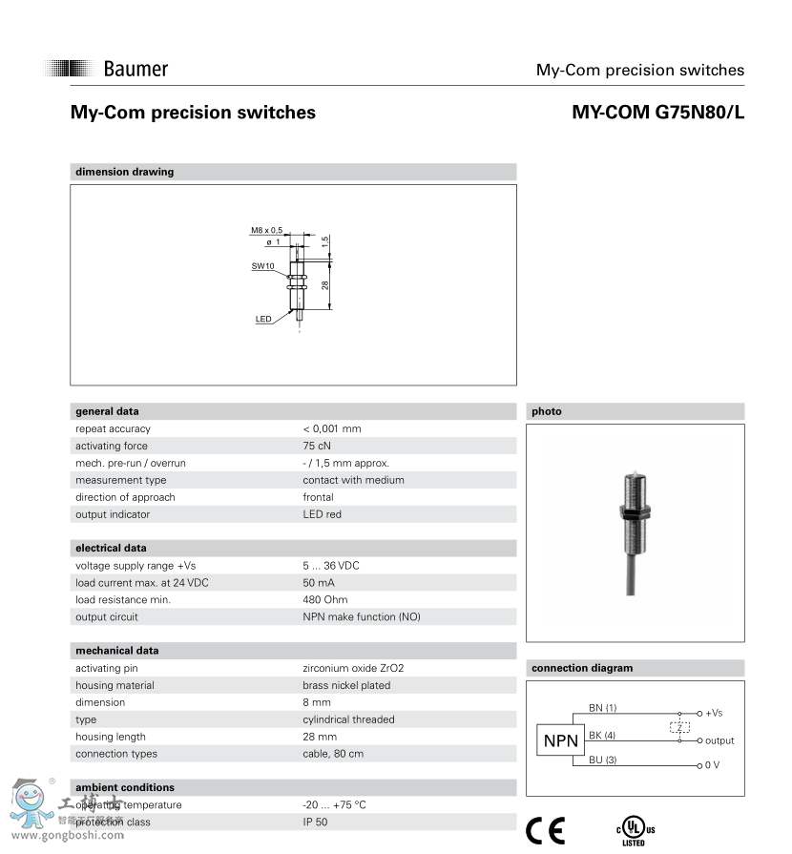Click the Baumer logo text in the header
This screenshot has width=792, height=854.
point(135,69)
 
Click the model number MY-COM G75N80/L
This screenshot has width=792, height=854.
point(657,113)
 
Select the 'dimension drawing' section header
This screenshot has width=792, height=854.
point(125,172)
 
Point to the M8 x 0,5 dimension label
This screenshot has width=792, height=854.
point(267,230)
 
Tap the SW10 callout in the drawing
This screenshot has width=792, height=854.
point(262,266)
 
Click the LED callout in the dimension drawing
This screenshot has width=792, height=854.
point(263,319)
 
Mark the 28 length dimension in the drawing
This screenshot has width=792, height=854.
point(325,285)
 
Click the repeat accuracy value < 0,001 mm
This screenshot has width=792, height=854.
point(332,428)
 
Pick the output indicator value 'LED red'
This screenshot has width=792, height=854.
point(322,514)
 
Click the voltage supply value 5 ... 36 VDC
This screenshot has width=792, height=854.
point(331,566)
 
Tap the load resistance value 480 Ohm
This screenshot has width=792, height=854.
point(325,600)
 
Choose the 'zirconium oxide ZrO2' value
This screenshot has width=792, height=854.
point(360,669)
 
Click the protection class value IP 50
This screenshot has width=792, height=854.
point(316,823)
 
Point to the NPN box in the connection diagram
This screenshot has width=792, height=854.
point(561,740)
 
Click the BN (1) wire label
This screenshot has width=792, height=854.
point(603,708)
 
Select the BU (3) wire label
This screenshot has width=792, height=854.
point(603,760)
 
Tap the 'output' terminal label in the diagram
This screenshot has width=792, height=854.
point(719,740)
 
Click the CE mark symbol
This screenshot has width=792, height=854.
point(546,830)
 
